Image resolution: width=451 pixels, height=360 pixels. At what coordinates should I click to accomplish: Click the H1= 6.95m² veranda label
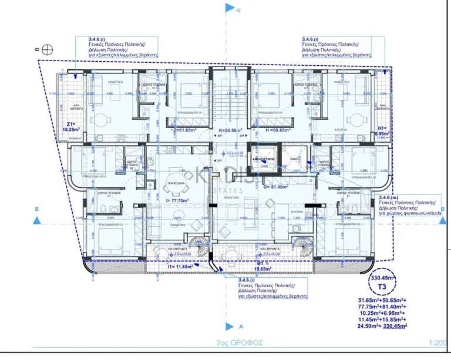[x=382, y=130]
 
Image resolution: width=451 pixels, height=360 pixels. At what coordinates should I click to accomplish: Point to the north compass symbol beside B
[x=47, y=51]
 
